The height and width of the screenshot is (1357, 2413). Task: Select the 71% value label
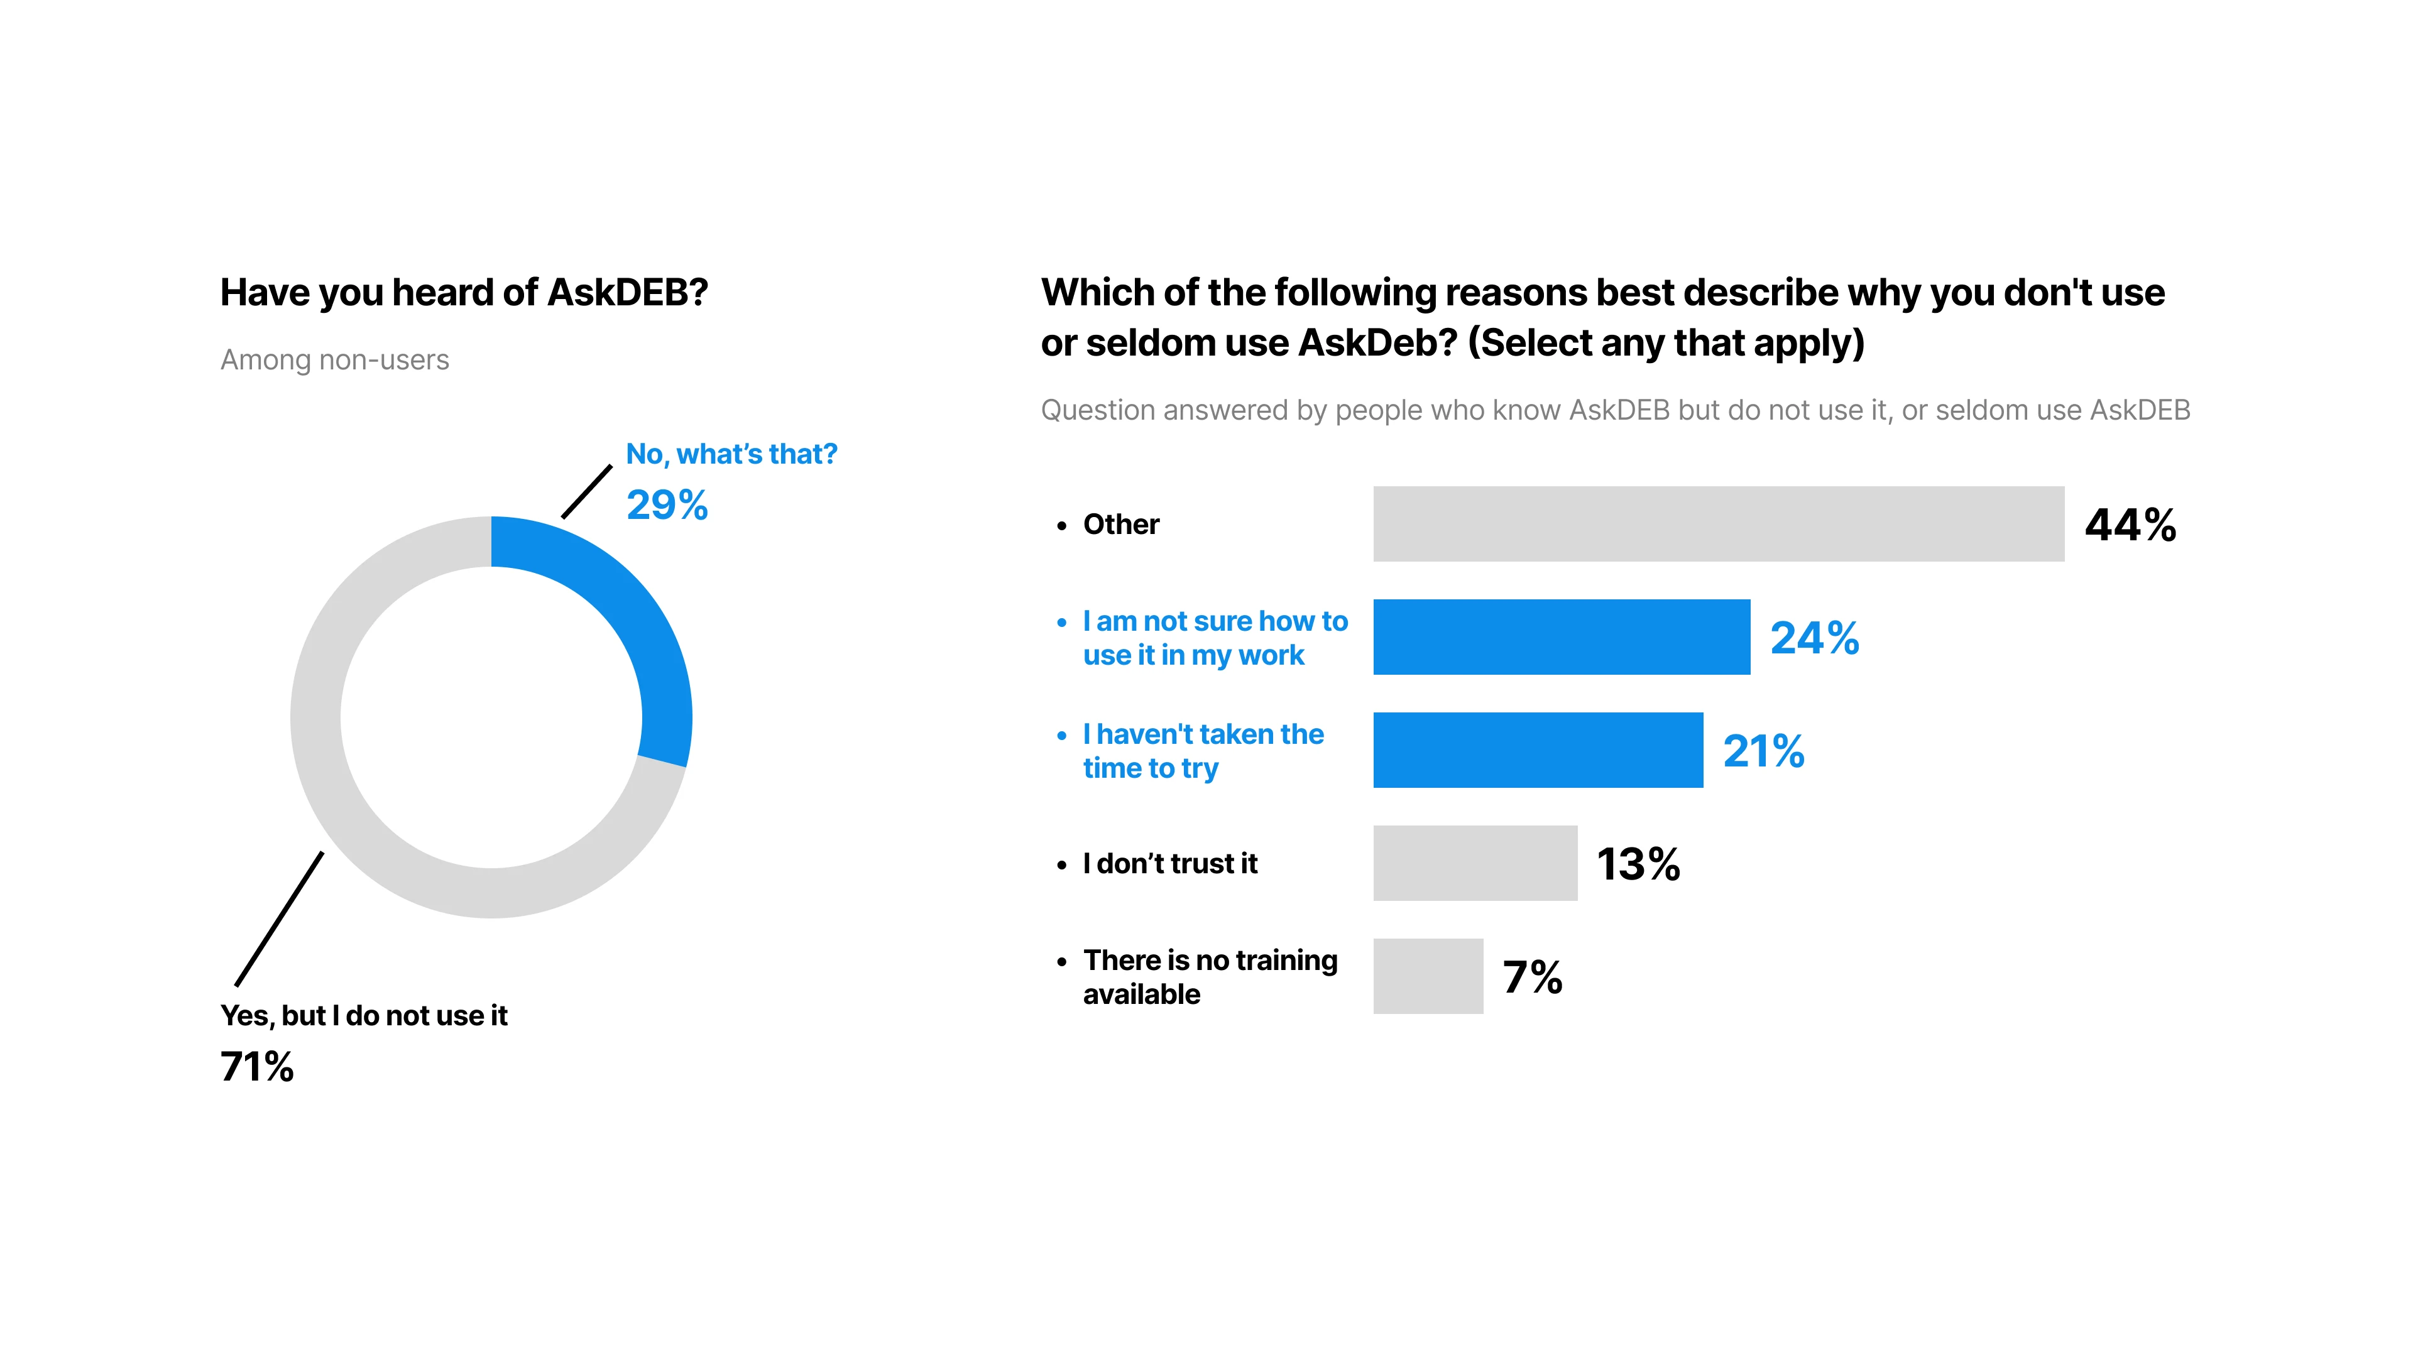click(x=256, y=1067)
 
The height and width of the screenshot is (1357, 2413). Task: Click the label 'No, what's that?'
click(x=731, y=454)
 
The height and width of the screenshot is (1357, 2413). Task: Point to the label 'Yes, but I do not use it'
click(x=363, y=1015)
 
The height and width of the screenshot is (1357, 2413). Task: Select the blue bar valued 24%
click(x=1560, y=637)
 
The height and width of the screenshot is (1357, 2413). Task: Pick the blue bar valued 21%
click(x=1537, y=750)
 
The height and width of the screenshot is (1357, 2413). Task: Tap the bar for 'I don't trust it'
click(x=1474, y=863)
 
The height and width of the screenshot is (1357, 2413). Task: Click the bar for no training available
click(x=1428, y=976)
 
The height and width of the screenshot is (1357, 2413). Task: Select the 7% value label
click(x=1531, y=977)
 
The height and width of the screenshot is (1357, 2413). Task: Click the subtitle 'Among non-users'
click(x=334, y=359)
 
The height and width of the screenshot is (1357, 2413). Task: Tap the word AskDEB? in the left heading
click(x=628, y=292)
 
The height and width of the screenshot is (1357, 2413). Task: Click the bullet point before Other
click(x=1061, y=525)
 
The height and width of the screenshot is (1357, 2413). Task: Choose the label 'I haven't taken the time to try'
click(x=1202, y=750)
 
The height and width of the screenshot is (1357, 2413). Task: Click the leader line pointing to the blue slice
click(x=586, y=492)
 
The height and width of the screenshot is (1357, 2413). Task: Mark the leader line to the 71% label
click(x=279, y=918)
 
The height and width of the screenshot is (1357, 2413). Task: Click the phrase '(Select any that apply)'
click(x=1665, y=343)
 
